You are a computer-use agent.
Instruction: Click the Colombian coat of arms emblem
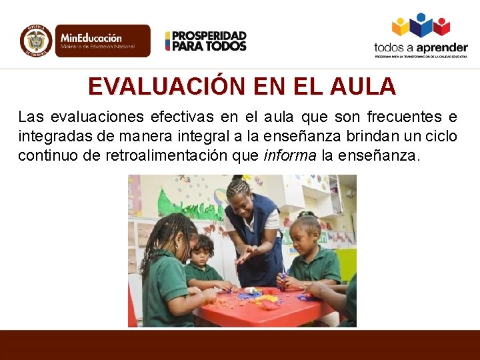(36, 41)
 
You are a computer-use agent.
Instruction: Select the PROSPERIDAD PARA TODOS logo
(206, 41)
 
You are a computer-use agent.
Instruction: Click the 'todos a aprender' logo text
(420, 48)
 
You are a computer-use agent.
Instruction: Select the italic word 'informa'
(291, 156)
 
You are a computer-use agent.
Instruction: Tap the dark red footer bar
(240, 345)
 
